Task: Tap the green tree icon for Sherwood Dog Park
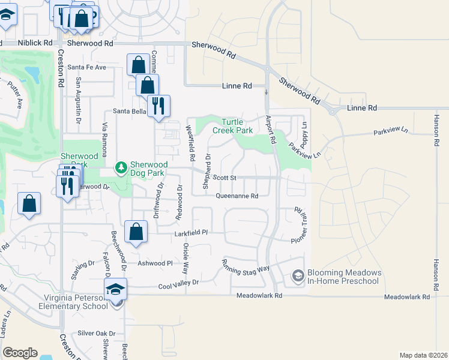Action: click(121, 166)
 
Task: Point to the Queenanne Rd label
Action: click(237, 196)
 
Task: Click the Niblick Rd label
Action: click(35, 43)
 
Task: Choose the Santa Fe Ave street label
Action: click(86, 67)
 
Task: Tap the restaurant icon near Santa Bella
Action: click(158, 106)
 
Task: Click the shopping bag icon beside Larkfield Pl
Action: click(136, 231)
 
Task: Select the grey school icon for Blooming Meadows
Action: click(298, 276)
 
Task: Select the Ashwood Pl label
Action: click(155, 263)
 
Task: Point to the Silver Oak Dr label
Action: click(96, 333)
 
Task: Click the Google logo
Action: click(20, 353)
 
